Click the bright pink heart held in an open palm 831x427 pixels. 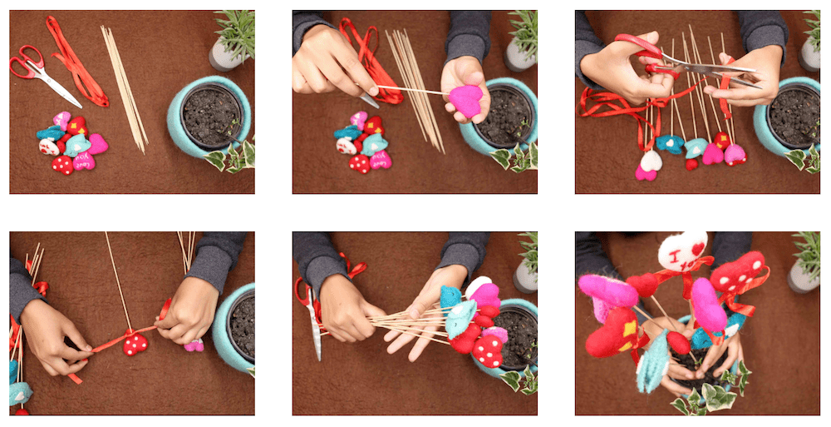pyautogui.click(x=465, y=101)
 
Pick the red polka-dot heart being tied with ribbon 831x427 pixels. pyautogui.click(x=135, y=343)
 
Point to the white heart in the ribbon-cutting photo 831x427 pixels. pyautogui.click(x=652, y=161)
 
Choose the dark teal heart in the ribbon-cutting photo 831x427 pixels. pyautogui.click(x=670, y=144)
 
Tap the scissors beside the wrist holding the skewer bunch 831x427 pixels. pyautogui.click(x=313, y=320)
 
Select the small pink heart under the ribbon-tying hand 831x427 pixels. pyautogui.click(x=194, y=345)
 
